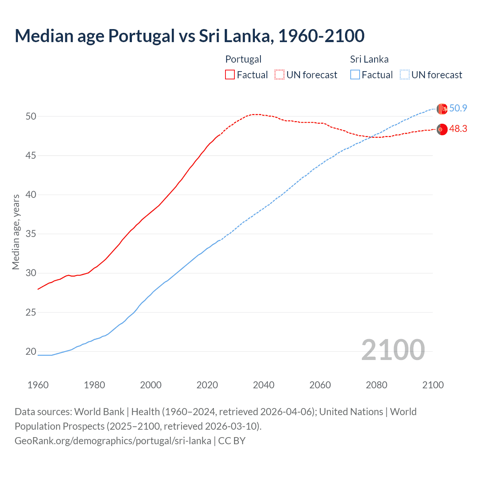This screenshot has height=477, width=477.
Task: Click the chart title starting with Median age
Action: click(x=189, y=36)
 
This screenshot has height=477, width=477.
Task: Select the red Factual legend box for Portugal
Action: click(x=230, y=75)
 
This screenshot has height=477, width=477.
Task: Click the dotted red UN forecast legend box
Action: click(x=279, y=75)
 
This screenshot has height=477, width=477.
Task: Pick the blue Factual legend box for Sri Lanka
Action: click(x=355, y=75)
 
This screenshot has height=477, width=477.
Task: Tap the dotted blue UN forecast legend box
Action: click(x=404, y=75)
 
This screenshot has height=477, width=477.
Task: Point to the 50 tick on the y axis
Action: click(x=31, y=116)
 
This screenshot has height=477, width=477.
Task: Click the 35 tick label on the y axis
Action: click(x=31, y=234)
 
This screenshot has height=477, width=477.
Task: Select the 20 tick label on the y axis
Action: click(x=31, y=351)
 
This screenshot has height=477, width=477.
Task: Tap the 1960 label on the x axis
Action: click(x=38, y=385)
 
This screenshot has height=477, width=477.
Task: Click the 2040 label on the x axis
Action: click(x=263, y=385)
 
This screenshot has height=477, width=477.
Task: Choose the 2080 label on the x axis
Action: click(x=376, y=385)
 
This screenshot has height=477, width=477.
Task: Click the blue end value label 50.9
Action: click(x=458, y=108)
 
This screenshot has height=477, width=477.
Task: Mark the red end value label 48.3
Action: click(x=458, y=129)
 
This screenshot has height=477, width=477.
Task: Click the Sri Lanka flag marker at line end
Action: click(x=442, y=109)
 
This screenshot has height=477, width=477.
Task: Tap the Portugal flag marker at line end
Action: click(x=442, y=129)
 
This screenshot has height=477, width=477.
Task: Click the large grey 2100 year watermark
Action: click(x=393, y=350)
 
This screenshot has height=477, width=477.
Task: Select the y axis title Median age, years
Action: click(x=16, y=232)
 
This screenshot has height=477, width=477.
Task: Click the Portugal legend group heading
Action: click(x=243, y=59)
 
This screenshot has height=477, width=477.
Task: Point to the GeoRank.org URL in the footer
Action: click(x=113, y=441)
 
